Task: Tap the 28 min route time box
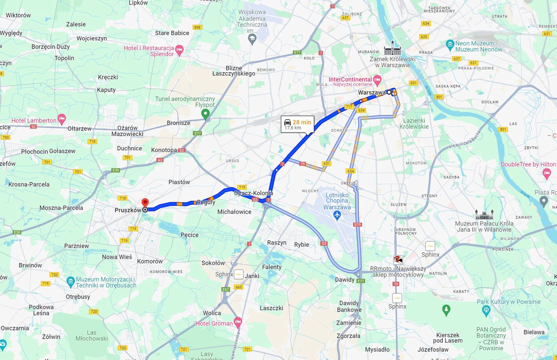click(298, 124)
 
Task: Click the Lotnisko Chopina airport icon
click(337, 216)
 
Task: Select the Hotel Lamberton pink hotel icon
click(62, 118)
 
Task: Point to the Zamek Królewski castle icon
click(393, 48)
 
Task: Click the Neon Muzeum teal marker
click(450, 44)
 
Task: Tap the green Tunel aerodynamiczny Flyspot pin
click(206, 114)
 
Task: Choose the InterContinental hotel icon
click(377, 80)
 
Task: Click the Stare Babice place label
click(172, 33)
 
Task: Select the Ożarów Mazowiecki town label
click(127, 131)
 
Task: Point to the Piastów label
click(179, 182)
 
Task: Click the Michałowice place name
click(234, 212)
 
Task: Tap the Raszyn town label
click(276, 243)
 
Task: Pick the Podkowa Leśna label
click(41, 310)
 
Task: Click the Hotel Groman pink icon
click(238, 322)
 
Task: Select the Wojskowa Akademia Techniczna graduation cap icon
click(252, 39)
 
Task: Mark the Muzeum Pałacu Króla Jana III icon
click(484, 214)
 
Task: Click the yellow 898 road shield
click(197, 27)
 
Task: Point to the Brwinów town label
click(30, 265)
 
